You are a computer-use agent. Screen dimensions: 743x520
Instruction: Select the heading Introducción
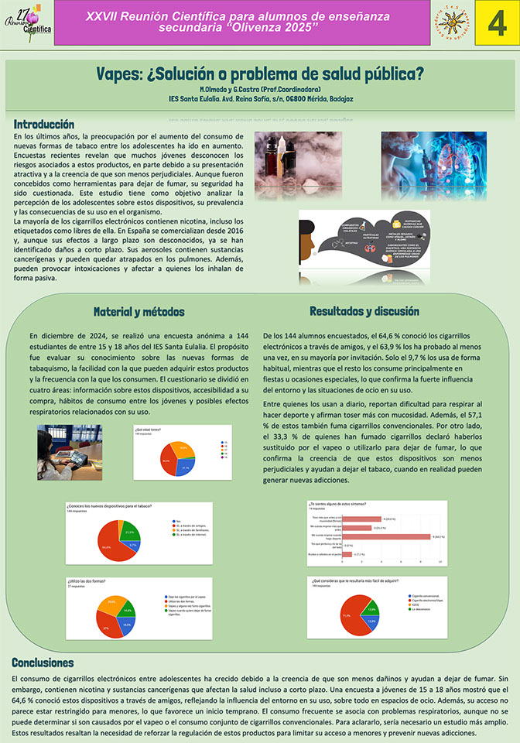(44, 124)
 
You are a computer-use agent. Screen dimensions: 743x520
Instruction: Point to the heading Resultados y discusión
(358, 311)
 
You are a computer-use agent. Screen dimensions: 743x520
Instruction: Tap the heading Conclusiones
(43, 663)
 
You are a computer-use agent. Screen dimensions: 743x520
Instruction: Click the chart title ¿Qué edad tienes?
(148, 427)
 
